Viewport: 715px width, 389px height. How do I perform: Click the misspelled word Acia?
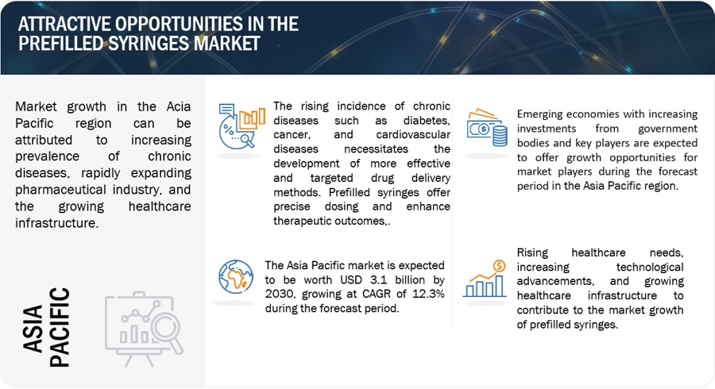click(178, 106)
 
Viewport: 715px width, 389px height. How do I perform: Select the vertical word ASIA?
click(33, 329)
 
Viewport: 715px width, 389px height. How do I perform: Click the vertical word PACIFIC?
click(60, 327)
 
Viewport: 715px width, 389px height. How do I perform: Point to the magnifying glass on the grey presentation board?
click(168, 333)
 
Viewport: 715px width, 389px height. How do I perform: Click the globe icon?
click(236, 277)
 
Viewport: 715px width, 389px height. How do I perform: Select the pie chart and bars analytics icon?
click(242, 126)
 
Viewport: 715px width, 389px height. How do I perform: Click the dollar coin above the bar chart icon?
click(500, 266)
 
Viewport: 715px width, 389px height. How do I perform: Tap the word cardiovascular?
click(413, 135)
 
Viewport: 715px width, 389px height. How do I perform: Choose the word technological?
click(650, 268)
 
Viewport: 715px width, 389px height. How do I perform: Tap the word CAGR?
click(377, 294)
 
